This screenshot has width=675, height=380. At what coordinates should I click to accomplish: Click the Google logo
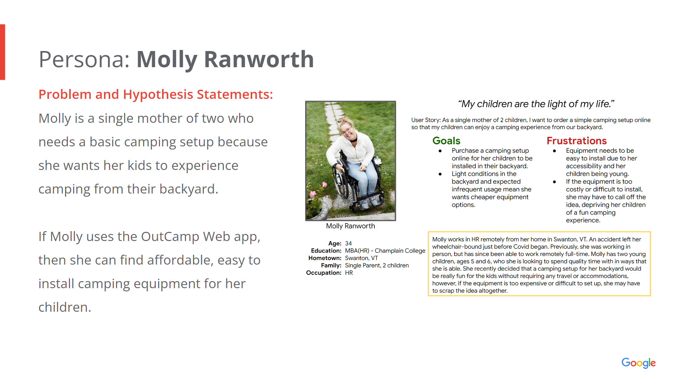[x=638, y=363]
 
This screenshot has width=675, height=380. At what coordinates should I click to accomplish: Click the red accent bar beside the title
[x=2, y=52]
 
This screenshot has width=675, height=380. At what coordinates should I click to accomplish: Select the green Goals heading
[x=446, y=141]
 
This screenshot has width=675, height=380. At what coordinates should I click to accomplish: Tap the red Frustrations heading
[x=577, y=141]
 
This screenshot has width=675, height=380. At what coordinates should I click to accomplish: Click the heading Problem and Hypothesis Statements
[x=156, y=94]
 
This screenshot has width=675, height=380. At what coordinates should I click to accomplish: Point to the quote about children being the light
[x=536, y=104]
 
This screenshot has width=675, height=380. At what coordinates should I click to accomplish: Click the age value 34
[x=348, y=243]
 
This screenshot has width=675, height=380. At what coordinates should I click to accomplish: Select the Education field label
[x=326, y=251]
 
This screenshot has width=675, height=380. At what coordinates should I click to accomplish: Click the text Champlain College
[x=400, y=251]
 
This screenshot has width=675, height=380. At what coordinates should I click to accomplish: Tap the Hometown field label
[x=325, y=258]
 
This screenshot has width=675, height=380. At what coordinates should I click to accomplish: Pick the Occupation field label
[x=324, y=273]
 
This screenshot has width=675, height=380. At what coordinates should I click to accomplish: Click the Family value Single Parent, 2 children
[x=377, y=265]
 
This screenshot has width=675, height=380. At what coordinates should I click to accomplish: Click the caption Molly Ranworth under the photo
[x=351, y=226]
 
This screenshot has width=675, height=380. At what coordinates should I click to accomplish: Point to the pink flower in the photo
[x=313, y=194]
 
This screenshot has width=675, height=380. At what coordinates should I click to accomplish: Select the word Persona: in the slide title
[x=84, y=59]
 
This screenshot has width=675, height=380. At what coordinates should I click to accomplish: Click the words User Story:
[x=426, y=120]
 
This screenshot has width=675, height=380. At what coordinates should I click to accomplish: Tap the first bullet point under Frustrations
[x=554, y=151]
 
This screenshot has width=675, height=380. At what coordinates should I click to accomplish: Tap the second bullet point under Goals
[x=440, y=174]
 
